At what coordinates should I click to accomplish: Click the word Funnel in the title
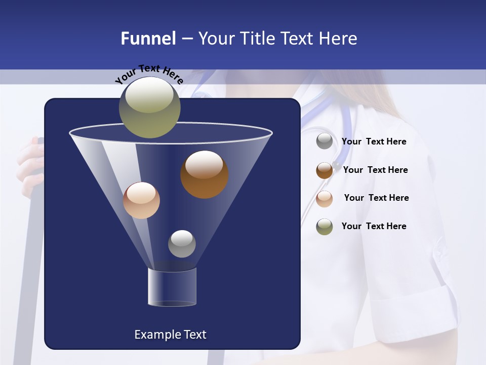click(x=148, y=39)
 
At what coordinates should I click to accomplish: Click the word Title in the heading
click(x=257, y=39)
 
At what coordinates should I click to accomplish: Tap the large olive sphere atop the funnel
click(x=149, y=106)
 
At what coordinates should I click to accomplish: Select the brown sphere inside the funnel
click(x=204, y=174)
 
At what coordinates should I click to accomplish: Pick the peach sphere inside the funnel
click(x=141, y=200)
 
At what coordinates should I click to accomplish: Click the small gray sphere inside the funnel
click(x=182, y=243)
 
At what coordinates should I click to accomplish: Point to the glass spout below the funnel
click(x=172, y=287)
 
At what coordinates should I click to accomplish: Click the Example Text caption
click(x=170, y=335)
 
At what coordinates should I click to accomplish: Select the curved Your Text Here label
click(x=149, y=74)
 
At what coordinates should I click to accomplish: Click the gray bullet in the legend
click(x=325, y=141)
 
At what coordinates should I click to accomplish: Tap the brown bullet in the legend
click(x=325, y=170)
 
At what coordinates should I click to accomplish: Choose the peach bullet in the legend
click(x=325, y=198)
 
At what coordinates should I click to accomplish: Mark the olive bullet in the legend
click(x=325, y=227)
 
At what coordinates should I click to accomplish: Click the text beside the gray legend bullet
click(x=374, y=142)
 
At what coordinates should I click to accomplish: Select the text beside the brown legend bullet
click(x=375, y=170)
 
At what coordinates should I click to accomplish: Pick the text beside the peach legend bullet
click(x=376, y=198)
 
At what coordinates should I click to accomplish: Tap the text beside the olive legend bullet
click(x=374, y=227)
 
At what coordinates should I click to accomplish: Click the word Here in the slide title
click(x=339, y=39)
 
